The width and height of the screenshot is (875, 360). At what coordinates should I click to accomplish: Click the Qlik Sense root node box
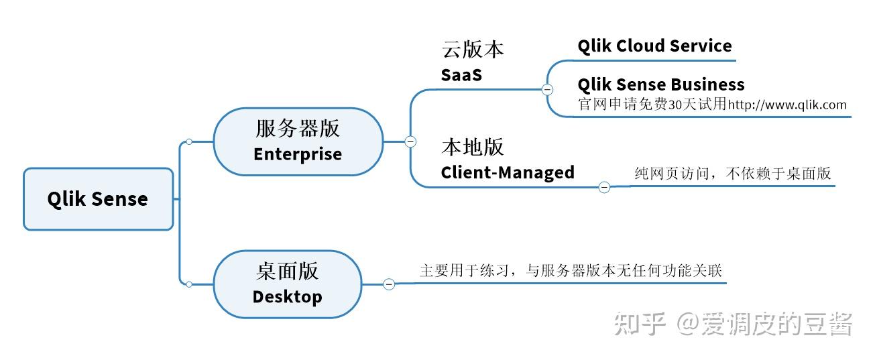pos(98,199)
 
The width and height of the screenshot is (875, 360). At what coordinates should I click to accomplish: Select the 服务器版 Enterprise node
pos(298,141)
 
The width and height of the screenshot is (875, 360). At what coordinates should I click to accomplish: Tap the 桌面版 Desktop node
pos(287,284)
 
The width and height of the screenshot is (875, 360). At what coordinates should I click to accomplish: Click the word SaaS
pos(461,74)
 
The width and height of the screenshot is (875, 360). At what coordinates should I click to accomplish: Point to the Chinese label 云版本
pos(472,49)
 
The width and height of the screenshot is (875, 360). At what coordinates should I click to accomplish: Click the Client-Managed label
pos(508,172)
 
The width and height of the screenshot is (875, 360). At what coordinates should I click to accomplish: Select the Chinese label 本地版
pos(472,147)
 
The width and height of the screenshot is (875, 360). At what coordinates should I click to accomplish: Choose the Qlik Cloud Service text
pos(654,46)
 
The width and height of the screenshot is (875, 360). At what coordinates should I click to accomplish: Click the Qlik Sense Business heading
pos(660,84)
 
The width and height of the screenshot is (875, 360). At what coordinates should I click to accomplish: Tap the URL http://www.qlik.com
pos(787,105)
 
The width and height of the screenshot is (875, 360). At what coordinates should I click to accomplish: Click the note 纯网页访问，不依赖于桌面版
pos(732,174)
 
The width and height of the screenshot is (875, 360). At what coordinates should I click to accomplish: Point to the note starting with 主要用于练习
pos(571,271)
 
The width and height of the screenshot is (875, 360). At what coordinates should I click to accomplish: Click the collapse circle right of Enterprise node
pos(410,141)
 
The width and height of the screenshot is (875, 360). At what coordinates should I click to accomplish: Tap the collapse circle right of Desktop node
pos(389,284)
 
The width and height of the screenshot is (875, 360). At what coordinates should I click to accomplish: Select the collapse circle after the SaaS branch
pos(547,89)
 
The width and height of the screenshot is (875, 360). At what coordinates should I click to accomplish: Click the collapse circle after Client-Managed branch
pos(604,187)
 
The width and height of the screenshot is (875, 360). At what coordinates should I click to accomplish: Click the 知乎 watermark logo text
pos(639,324)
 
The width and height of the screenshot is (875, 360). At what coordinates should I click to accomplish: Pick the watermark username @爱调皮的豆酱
pos(764,324)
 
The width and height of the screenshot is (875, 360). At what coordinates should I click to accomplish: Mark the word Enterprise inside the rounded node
pos(298,154)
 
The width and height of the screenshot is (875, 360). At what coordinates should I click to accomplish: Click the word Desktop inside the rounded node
pos(287,296)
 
